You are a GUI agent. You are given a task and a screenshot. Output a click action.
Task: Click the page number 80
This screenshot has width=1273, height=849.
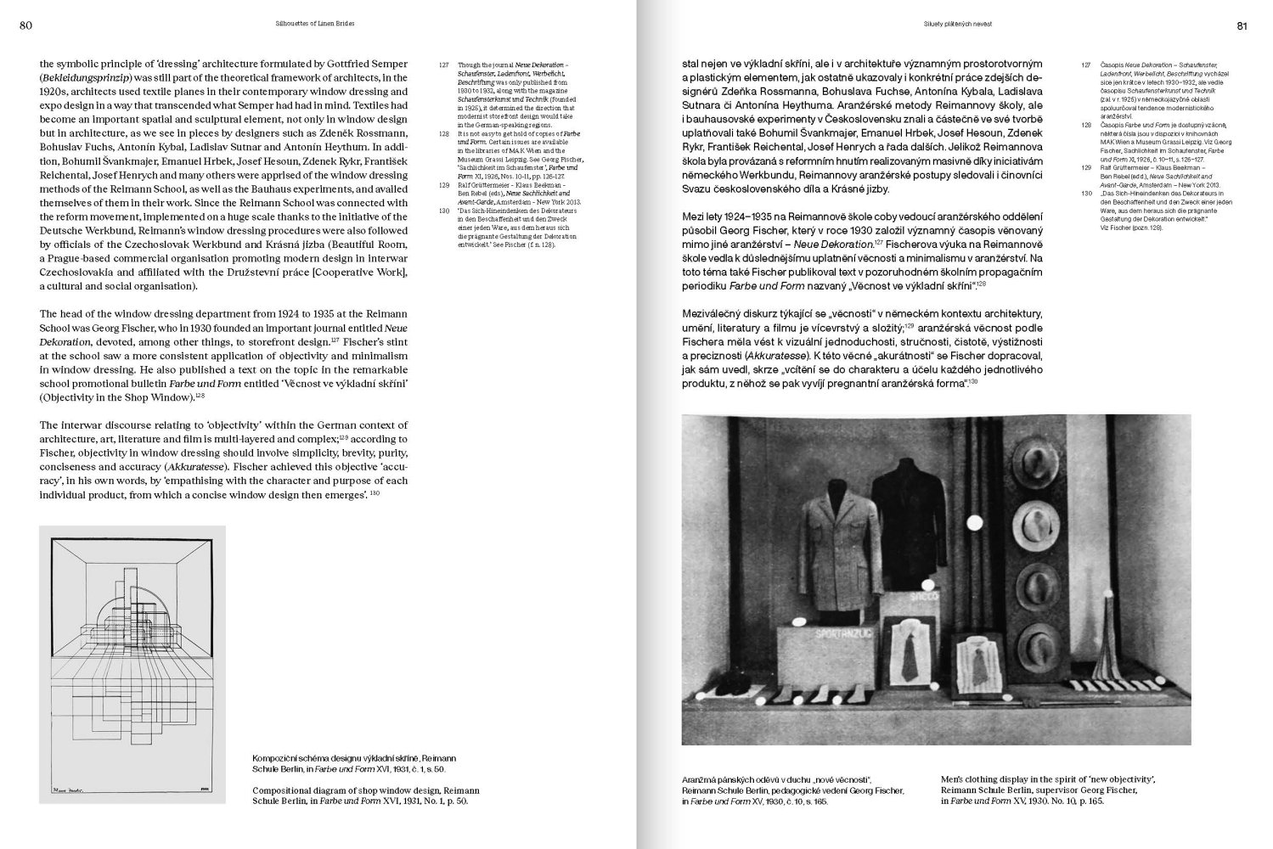(x=25, y=25)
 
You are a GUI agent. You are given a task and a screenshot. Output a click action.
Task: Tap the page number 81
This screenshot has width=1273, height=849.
(x=1242, y=25)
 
